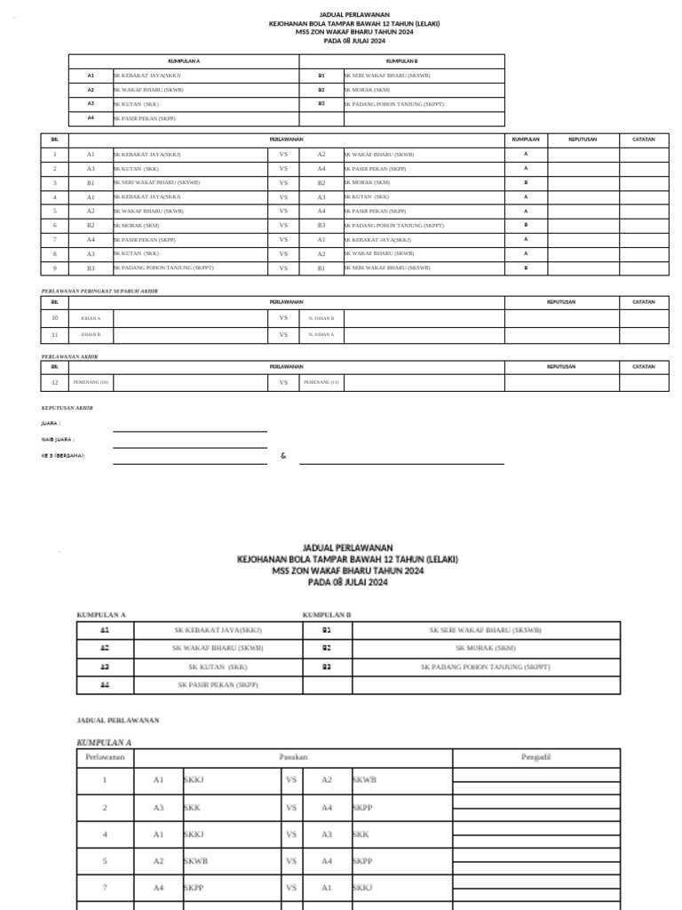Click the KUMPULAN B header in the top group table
(x=401, y=61)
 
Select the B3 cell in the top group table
(x=321, y=104)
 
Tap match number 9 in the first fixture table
(x=55, y=267)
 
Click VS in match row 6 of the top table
(x=284, y=226)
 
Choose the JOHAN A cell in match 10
(x=91, y=317)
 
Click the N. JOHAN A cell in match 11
(x=321, y=335)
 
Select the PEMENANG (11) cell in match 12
(x=321, y=382)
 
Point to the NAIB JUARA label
(x=58, y=439)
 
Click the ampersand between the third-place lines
(x=282, y=456)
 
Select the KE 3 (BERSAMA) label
(x=63, y=455)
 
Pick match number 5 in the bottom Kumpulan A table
(x=104, y=861)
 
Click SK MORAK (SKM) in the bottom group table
(x=485, y=648)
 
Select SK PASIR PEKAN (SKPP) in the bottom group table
(x=218, y=685)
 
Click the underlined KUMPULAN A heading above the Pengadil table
(x=104, y=740)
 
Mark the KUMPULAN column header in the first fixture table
(x=526, y=140)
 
